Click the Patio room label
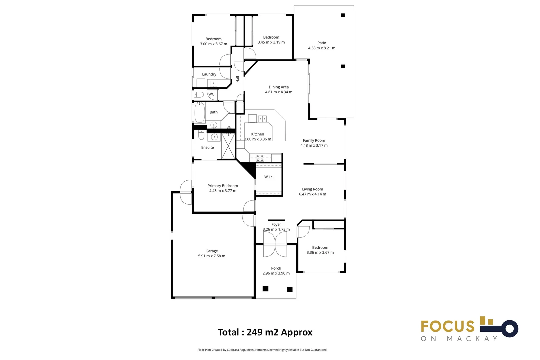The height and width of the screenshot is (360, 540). click(321, 43)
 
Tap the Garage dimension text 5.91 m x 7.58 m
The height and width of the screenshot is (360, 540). click(211, 256)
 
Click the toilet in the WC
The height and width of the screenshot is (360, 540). click(199, 95)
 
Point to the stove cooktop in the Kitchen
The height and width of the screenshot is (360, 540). click(260, 158)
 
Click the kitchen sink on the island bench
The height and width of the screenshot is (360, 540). click(262, 118)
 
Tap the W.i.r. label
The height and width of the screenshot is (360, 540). click(268, 177)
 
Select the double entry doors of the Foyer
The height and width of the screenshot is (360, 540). click(275, 244)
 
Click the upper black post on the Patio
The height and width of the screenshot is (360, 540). click(343, 15)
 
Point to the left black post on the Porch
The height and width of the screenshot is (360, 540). click(265, 289)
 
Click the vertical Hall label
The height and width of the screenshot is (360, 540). click(237, 79)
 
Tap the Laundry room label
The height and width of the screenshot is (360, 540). click(209, 74)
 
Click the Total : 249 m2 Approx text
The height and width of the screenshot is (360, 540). click(265, 332)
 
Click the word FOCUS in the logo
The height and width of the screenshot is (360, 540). click(447, 326)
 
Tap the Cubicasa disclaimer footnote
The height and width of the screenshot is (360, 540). click(262, 350)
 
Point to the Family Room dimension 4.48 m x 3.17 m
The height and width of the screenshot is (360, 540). click(314, 145)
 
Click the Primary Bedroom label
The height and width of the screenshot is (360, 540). click(222, 186)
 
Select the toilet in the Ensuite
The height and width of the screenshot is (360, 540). click(201, 135)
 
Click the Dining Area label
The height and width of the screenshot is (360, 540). click(279, 87)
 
